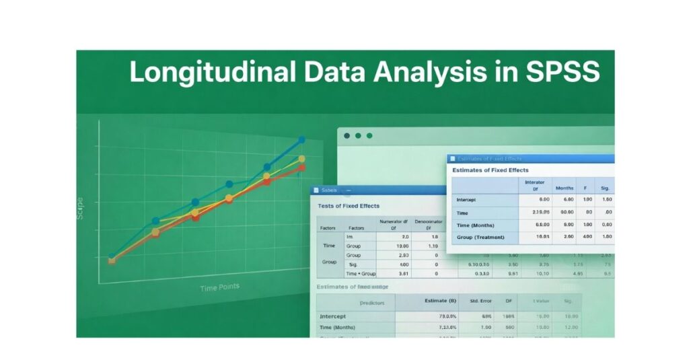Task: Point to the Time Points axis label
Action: pyautogui.click(x=219, y=288)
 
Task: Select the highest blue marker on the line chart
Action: pyautogui.click(x=301, y=140)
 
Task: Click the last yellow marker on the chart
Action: pyautogui.click(x=301, y=159)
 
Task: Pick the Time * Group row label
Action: pyautogui.click(x=361, y=274)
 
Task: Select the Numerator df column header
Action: pyautogui.click(x=395, y=224)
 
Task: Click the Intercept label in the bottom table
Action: pyautogui.click(x=333, y=316)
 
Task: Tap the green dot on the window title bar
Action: pyautogui.click(x=369, y=135)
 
